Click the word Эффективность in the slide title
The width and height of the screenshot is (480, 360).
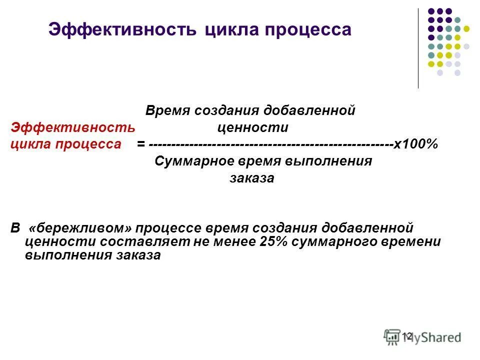[123, 29]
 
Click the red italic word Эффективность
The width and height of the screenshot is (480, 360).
[73, 127]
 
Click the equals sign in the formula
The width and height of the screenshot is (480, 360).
[141, 144]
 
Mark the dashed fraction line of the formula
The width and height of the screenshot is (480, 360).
[270, 144]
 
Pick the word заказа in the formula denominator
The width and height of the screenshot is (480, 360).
[252, 178]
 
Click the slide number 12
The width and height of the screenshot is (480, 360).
[407, 336]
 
